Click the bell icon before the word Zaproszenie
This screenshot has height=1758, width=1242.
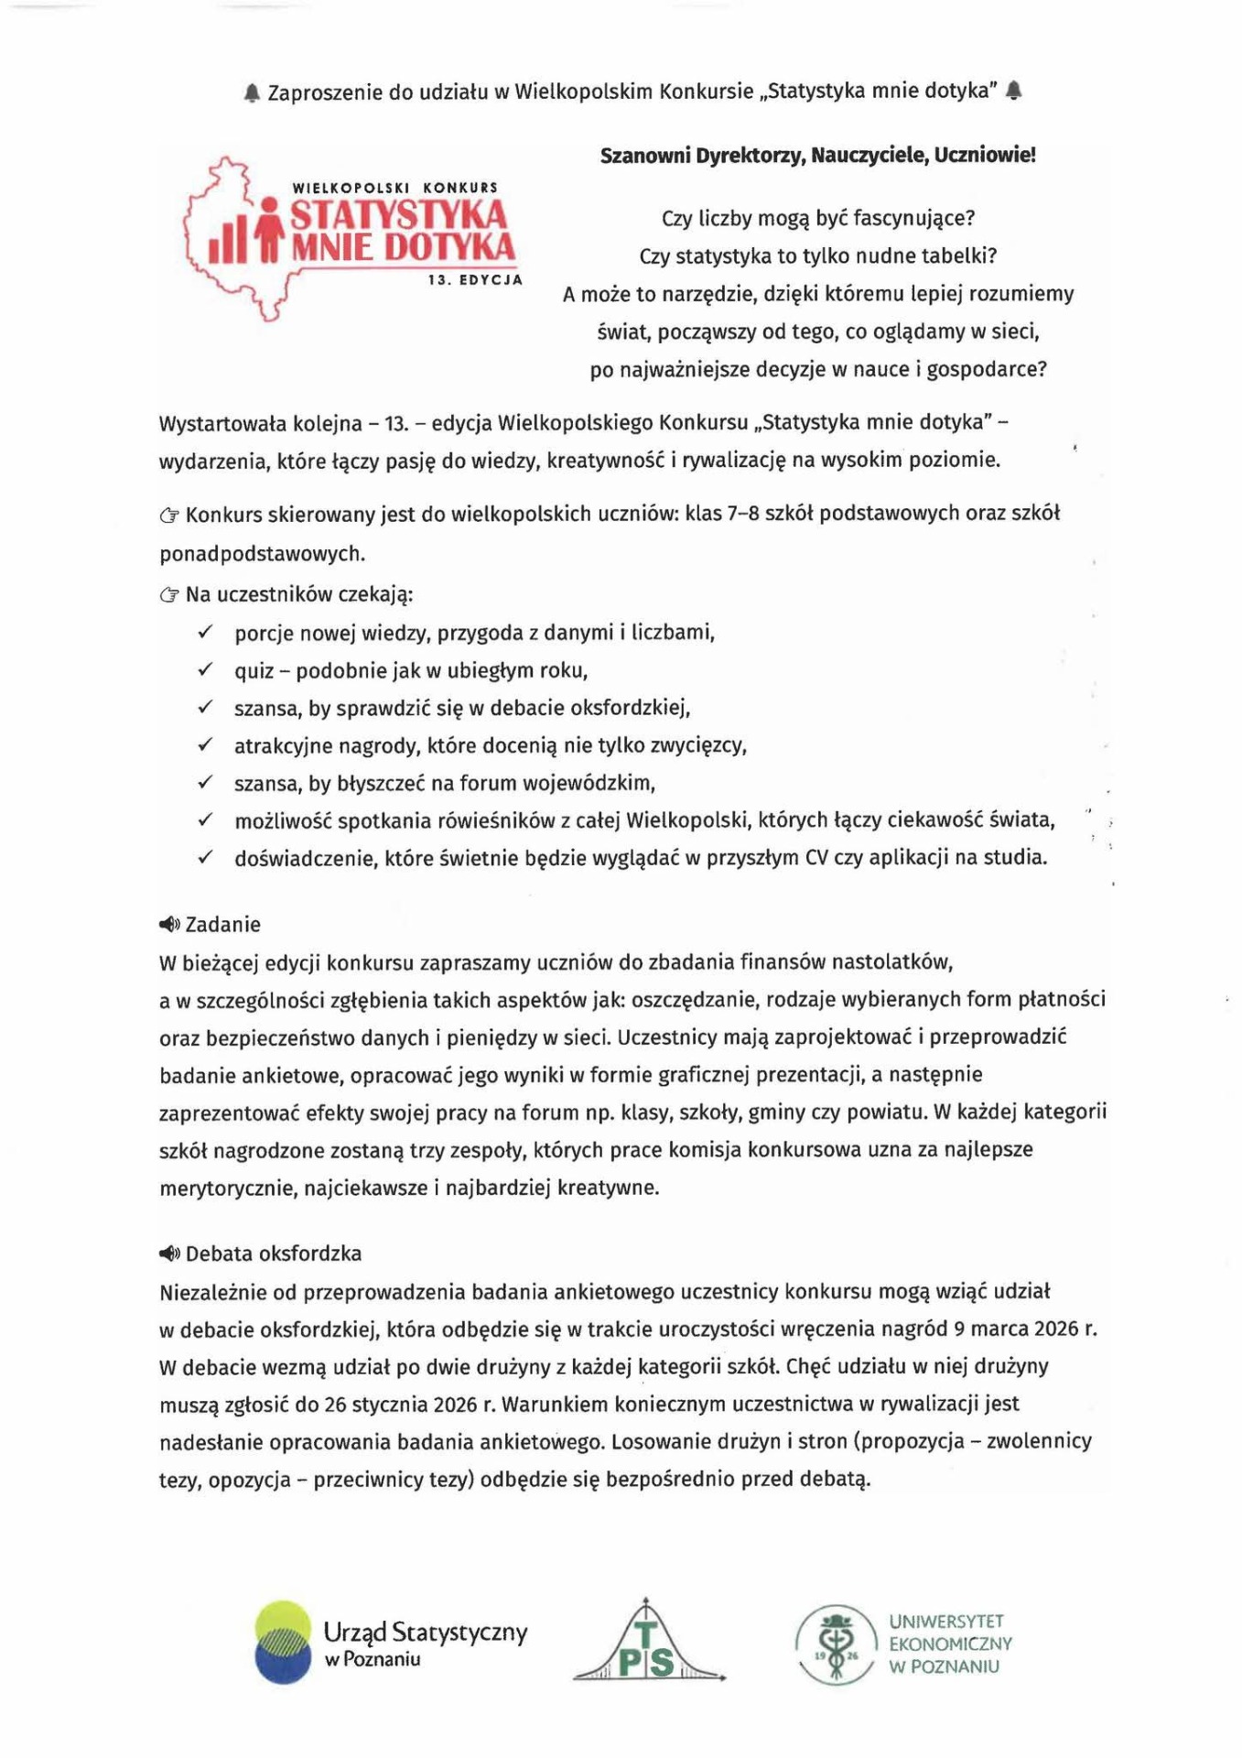pos(253,92)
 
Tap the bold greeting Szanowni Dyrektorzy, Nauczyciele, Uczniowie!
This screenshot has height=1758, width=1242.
pos(817,155)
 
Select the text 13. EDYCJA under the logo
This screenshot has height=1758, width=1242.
pos(475,279)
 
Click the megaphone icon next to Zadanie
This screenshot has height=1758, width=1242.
pos(170,925)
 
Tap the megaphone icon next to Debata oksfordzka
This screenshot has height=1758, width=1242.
pos(170,1253)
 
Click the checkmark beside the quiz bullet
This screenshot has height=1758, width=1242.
pos(206,670)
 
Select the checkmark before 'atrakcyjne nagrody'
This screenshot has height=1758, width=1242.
pos(206,745)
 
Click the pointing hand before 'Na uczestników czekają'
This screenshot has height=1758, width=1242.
pos(169,595)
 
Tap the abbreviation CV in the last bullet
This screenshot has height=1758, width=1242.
pos(816,858)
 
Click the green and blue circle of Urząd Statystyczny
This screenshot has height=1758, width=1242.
pos(283,1643)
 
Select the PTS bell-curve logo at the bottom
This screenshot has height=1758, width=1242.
pos(648,1644)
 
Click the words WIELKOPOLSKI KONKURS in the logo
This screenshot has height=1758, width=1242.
pos(394,188)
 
